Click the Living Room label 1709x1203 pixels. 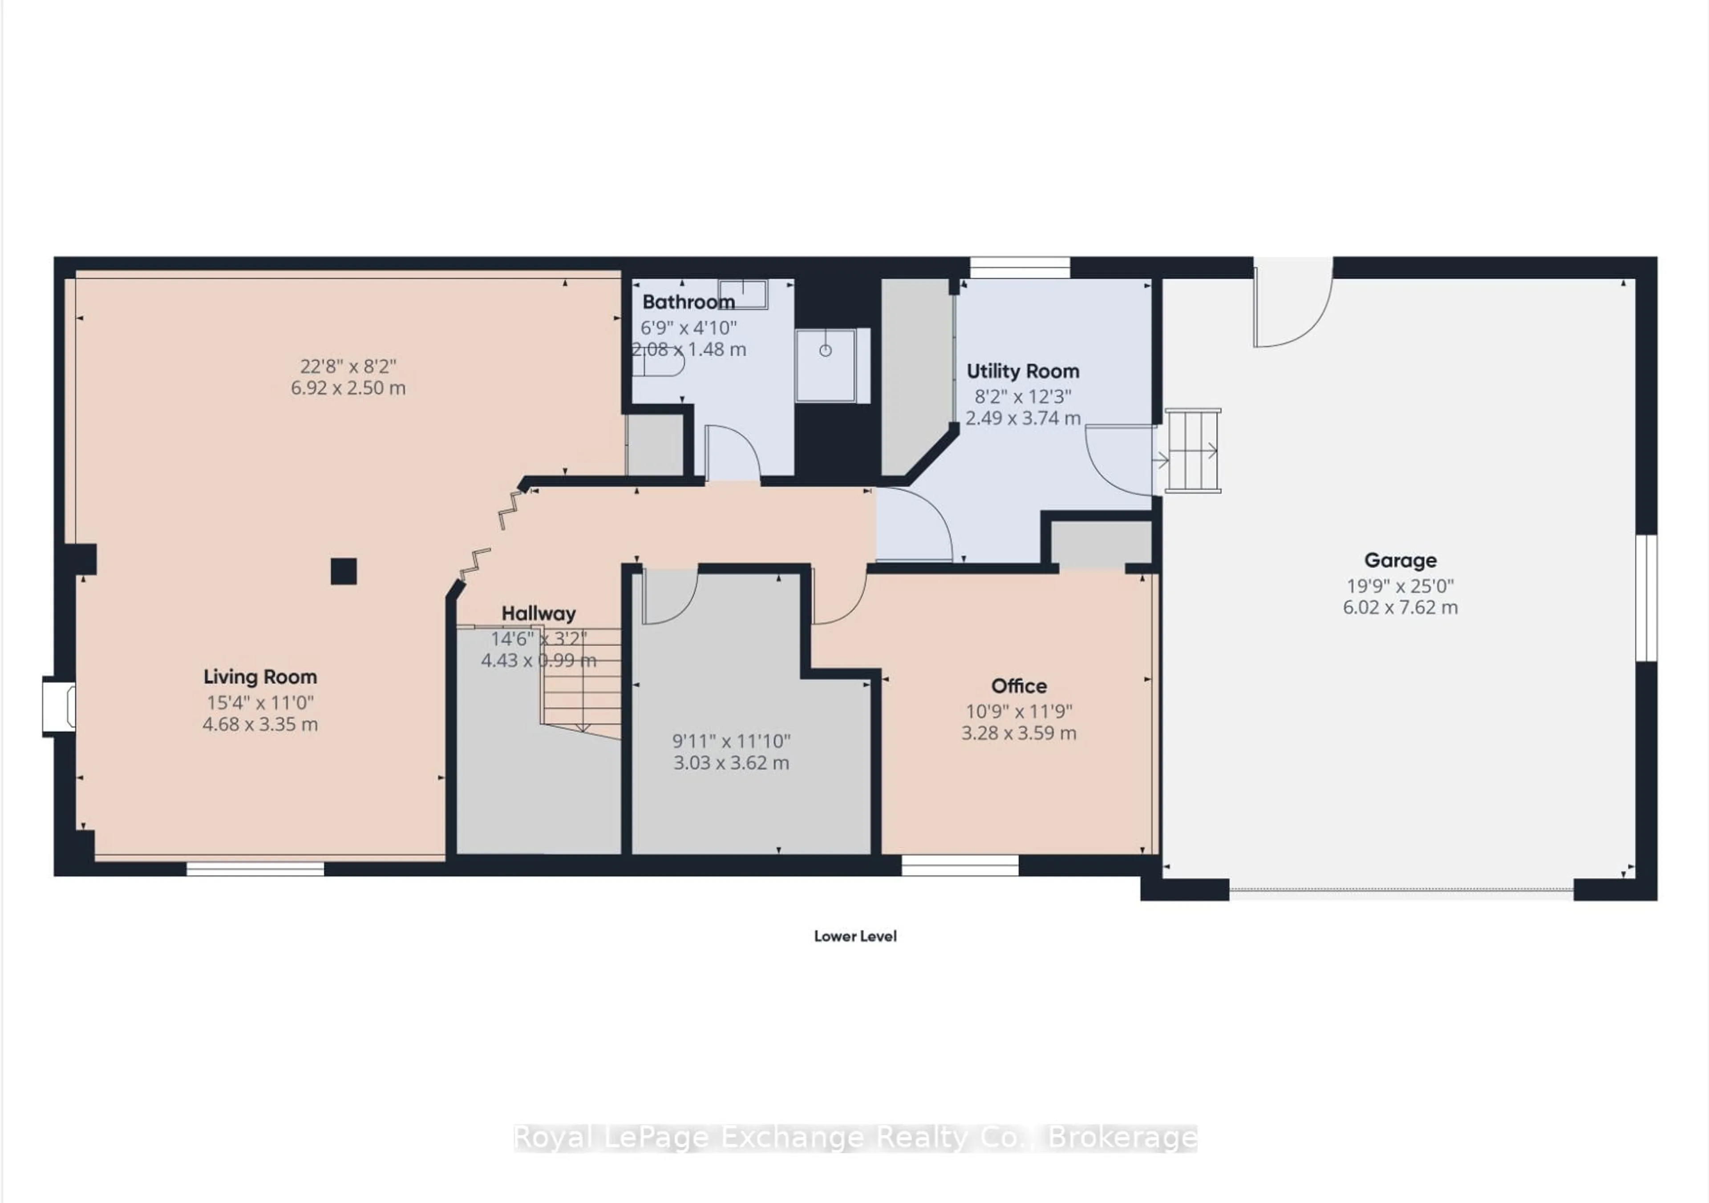(x=260, y=676)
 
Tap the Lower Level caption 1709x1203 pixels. (x=854, y=936)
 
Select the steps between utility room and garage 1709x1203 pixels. (x=1192, y=450)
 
